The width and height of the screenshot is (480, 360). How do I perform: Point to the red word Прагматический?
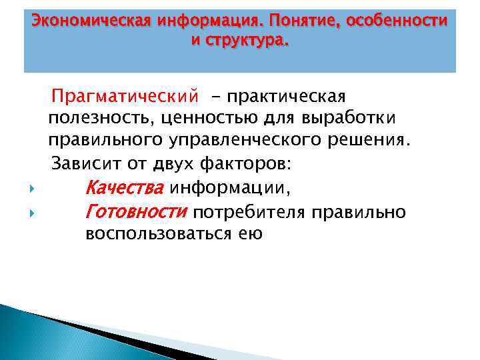(126, 98)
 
